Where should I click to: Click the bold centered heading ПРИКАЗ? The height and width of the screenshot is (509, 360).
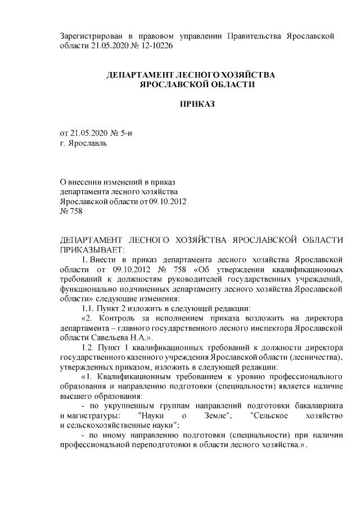197,104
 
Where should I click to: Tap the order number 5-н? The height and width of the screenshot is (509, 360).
129,133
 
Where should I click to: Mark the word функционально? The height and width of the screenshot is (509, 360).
89,288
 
